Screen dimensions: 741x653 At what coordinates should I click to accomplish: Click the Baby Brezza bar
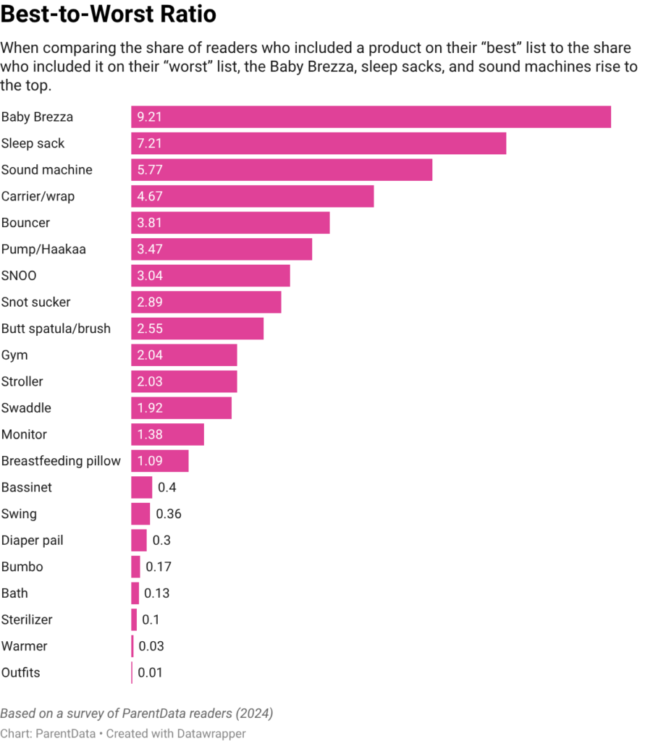(x=371, y=117)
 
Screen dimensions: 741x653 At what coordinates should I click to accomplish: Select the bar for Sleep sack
(x=319, y=143)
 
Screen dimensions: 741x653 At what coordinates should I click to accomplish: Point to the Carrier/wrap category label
(x=38, y=196)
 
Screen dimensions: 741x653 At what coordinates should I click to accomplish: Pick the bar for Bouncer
(x=230, y=223)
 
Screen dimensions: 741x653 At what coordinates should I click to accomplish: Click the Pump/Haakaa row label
(x=43, y=250)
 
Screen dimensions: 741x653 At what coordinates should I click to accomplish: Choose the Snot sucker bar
(x=206, y=302)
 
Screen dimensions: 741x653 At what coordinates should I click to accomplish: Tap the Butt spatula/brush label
(x=56, y=329)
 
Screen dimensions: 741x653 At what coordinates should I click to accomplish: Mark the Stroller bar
(x=184, y=381)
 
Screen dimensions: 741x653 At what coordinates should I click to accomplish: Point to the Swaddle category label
(x=26, y=408)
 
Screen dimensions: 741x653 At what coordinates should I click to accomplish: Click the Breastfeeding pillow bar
(x=160, y=461)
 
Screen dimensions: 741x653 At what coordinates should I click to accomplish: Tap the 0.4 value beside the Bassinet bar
(x=167, y=488)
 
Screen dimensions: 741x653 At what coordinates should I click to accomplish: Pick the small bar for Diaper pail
(x=139, y=541)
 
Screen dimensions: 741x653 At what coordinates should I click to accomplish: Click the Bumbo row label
(x=22, y=567)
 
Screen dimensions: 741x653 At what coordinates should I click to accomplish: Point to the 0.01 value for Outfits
(x=150, y=673)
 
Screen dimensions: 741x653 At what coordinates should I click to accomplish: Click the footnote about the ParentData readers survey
(x=136, y=714)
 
